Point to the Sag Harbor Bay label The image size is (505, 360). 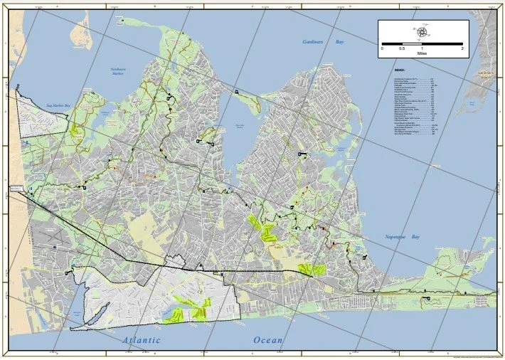click(60, 106)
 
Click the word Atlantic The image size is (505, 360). click(141, 340)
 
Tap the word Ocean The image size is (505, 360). click(268, 340)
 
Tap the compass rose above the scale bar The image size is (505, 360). click(422, 31)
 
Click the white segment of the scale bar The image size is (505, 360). click(392, 44)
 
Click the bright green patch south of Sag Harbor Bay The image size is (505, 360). click(94, 130)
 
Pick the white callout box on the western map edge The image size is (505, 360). click(17, 189)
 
